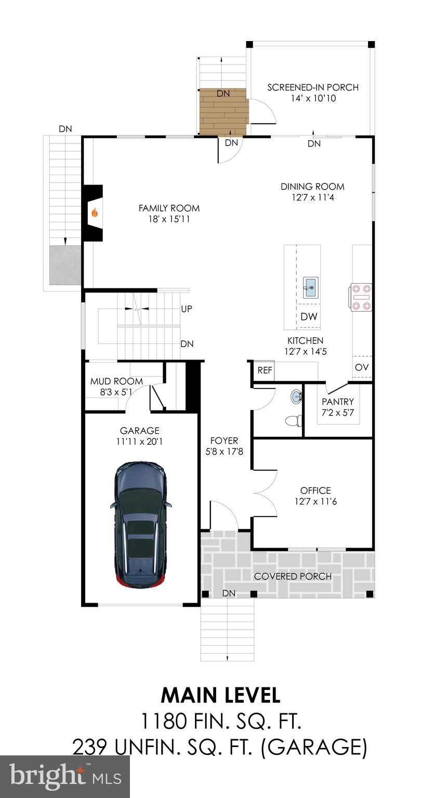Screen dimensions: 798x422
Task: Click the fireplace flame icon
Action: (x=95, y=212)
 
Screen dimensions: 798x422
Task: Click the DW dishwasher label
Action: (x=309, y=317)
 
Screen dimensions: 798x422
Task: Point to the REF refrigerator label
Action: (x=265, y=370)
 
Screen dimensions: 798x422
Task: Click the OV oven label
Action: (x=362, y=368)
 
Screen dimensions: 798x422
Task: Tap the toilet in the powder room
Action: (x=294, y=420)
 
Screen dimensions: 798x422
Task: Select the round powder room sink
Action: (x=297, y=397)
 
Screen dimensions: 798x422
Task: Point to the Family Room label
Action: (x=169, y=208)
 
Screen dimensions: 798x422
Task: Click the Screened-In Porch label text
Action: (x=313, y=87)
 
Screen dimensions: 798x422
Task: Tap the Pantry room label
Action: (x=338, y=402)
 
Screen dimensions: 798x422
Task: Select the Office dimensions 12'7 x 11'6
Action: (x=315, y=502)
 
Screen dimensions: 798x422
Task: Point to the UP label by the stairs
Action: (x=187, y=309)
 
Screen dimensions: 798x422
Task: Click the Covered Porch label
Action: (x=293, y=576)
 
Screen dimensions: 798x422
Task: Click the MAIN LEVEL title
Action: (x=220, y=695)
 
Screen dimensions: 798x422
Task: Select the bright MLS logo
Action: (x=65, y=777)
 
